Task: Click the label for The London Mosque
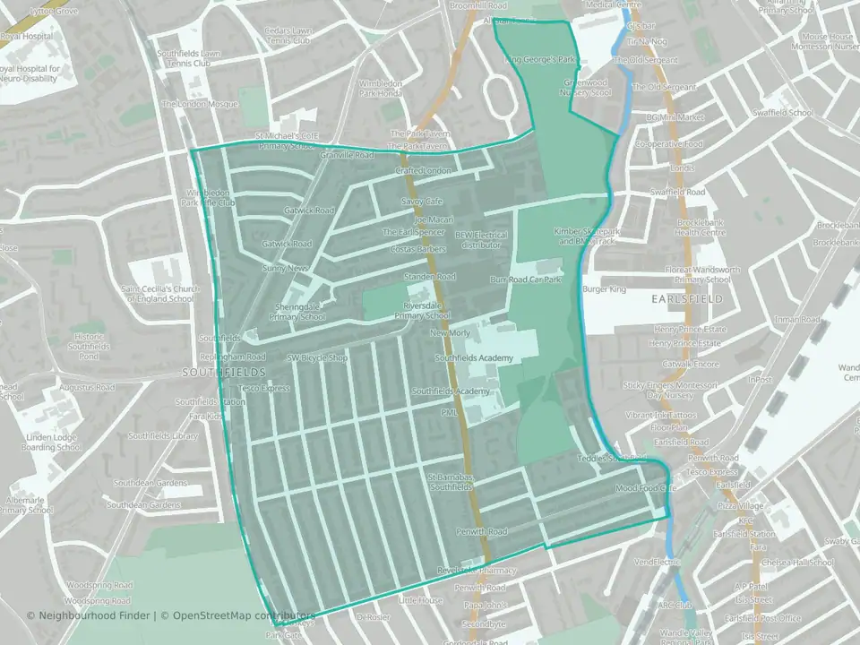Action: click(x=200, y=104)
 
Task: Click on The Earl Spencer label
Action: click(x=414, y=232)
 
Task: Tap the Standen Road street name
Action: click(x=430, y=277)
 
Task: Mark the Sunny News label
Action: click(x=285, y=268)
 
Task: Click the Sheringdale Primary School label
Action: click(x=299, y=311)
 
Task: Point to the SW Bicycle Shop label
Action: click(x=316, y=357)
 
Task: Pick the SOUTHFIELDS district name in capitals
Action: click(x=212, y=371)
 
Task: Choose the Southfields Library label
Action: click(x=162, y=436)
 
